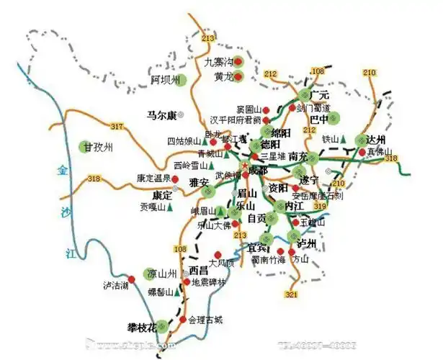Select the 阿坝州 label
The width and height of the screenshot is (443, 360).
[163, 79]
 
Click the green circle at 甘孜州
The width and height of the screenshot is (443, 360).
[86, 147]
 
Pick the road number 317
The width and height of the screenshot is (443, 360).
[118, 127]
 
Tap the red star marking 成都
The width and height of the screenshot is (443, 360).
[245, 168]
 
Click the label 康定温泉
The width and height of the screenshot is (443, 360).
[153, 178]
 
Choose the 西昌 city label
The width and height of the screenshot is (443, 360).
[199, 271]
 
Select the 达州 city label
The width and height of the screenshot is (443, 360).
[376, 139]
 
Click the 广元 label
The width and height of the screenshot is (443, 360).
[318, 95]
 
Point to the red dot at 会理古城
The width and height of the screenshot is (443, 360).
[183, 319]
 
